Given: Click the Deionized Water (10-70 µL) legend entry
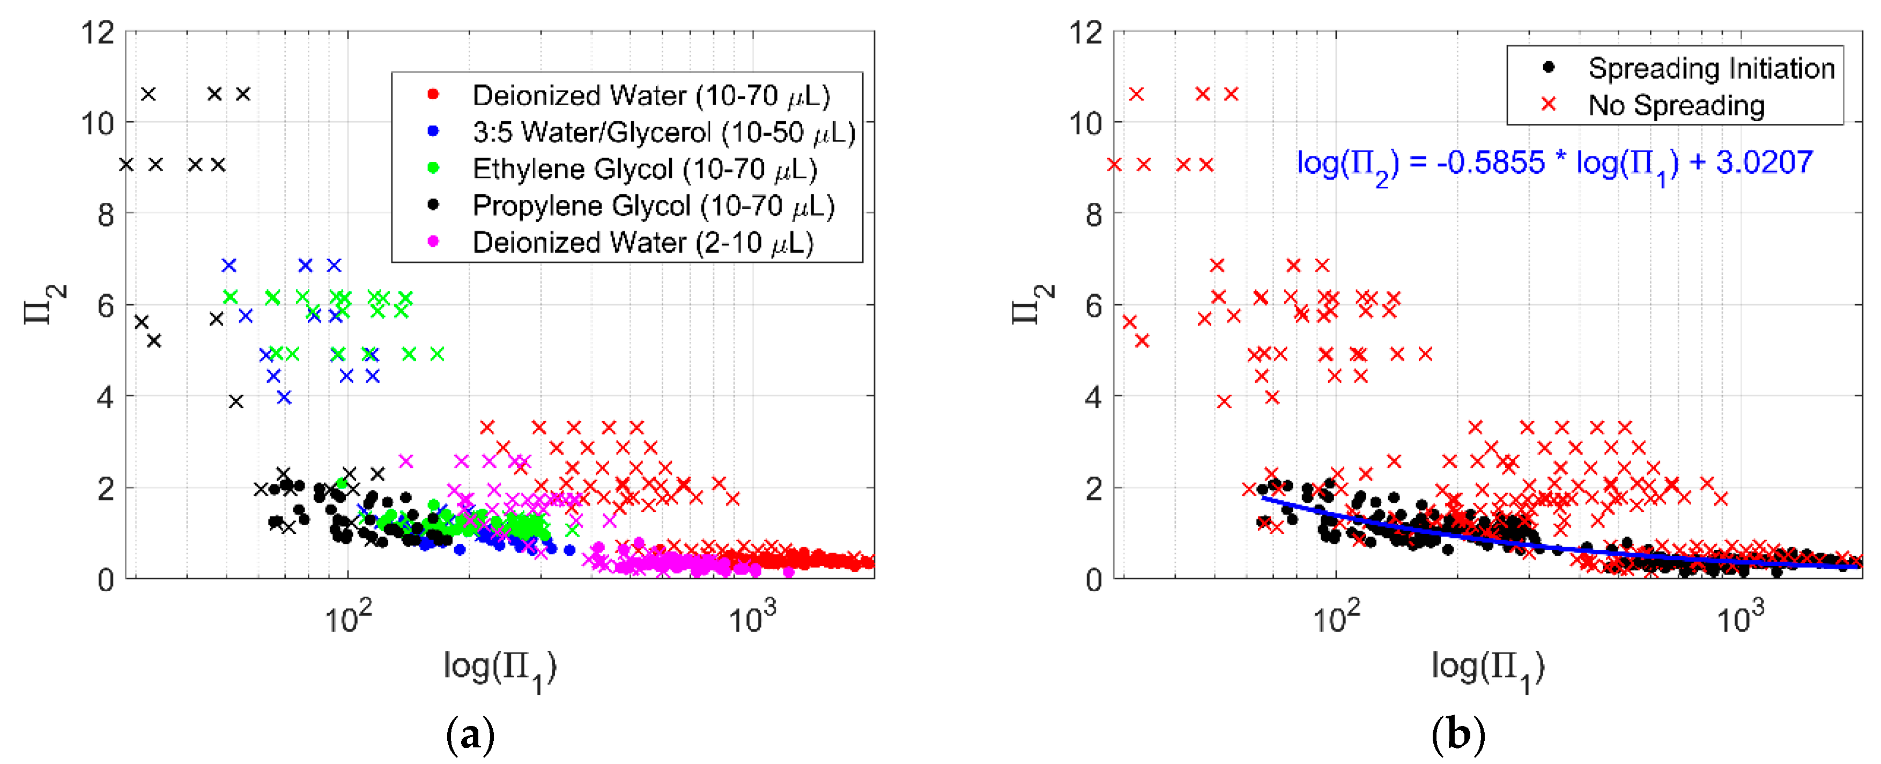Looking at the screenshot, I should [x=650, y=95].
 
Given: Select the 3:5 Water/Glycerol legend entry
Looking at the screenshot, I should [x=663, y=132].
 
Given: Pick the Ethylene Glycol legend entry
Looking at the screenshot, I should [x=644, y=168].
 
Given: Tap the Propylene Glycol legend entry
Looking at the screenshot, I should [x=653, y=206].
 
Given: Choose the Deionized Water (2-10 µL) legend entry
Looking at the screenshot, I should [x=642, y=243].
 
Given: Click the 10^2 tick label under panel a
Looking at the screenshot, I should [x=347, y=619].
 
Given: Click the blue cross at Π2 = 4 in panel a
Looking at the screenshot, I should [x=285, y=398].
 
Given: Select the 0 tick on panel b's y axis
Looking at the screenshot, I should [x=1093, y=581].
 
